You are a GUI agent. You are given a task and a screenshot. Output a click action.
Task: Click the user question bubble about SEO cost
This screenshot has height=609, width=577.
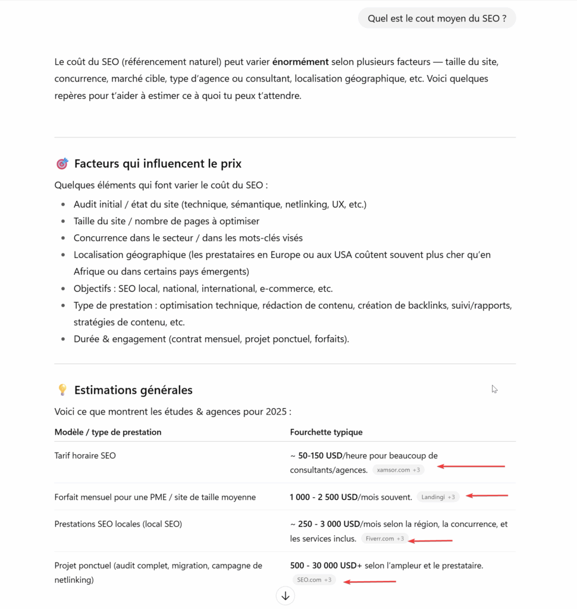(x=437, y=18)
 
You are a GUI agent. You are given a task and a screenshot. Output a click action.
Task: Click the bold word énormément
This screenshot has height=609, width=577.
(x=300, y=61)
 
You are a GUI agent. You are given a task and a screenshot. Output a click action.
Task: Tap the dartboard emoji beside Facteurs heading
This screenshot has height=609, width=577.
(x=62, y=164)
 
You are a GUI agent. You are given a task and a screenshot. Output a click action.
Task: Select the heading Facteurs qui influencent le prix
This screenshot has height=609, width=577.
(x=158, y=164)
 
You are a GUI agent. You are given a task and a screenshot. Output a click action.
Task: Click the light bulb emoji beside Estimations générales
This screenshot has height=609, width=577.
(x=62, y=390)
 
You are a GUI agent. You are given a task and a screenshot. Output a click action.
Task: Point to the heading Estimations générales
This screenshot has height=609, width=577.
(x=133, y=390)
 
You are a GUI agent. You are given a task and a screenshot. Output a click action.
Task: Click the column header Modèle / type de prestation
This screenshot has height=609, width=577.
(x=108, y=432)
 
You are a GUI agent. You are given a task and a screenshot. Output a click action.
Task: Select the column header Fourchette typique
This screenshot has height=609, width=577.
(x=326, y=432)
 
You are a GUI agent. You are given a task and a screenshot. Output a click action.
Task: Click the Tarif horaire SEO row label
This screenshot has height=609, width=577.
(x=85, y=456)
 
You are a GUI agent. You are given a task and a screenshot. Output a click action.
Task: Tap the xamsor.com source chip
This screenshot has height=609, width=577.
(x=399, y=470)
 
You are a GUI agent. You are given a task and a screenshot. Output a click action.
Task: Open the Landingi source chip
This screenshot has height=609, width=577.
(x=438, y=497)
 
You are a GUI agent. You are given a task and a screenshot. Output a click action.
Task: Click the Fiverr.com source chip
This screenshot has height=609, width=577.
(x=384, y=539)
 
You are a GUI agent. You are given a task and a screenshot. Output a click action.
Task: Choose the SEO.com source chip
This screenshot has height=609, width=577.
(x=313, y=580)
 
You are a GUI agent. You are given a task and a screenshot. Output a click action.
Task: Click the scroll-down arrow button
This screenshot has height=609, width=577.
(x=286, y=595)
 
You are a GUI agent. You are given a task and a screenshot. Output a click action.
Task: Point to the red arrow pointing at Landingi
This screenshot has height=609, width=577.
(x=487, y=495)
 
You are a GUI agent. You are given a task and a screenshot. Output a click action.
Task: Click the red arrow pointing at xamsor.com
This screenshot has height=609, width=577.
(x=474, y=467)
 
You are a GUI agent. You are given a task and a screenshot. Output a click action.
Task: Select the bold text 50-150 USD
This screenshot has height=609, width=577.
(x=320, y=456)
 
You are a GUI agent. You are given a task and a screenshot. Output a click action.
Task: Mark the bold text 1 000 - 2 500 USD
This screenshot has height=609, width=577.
(x=324, y=497)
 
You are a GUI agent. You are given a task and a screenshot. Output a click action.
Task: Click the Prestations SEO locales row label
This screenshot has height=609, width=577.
(x=118, y=524)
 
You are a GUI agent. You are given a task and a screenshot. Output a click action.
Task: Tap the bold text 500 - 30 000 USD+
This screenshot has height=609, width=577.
(x=326, y=566)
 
